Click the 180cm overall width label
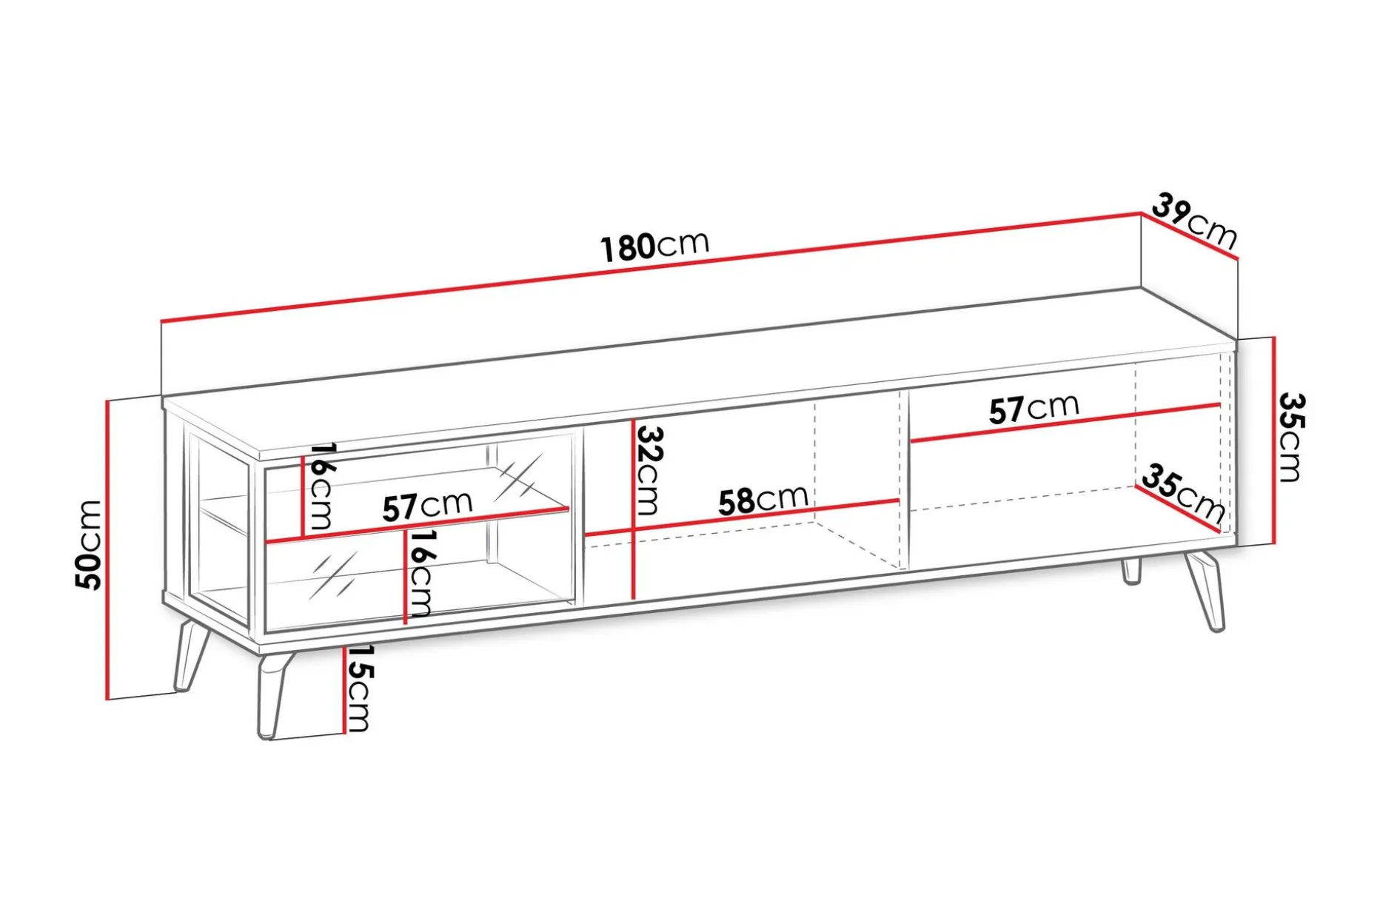click(654, 246)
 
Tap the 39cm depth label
click(1194, 221)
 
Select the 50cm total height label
click(89, 545)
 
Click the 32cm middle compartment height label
click(649, 470)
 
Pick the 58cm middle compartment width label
click(763, 500)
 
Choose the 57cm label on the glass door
click(427, 506)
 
